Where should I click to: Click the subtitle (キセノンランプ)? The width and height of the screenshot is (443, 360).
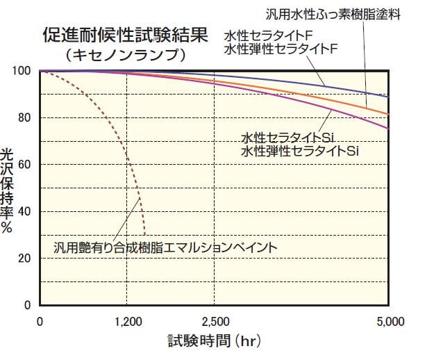pyautogui.click(x=123, y=55)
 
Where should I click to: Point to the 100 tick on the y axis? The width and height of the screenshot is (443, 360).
pyautogui.click(x=23, y=71)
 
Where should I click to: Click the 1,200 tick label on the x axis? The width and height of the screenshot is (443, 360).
pyautogui.click(x=126, y=322)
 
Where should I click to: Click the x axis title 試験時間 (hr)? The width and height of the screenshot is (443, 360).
pyautogui.click(x=213, y=341)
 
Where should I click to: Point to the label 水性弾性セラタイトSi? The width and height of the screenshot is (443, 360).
pyautogui.click(x=301, y=150)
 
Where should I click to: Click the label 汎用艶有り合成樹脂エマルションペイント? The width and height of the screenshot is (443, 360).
pyautogui.click(x=166, y=247)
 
